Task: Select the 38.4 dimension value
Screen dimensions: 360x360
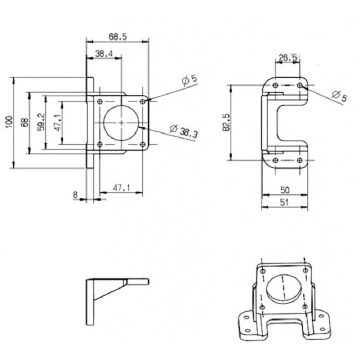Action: pyautogui.click(x=104, y=54)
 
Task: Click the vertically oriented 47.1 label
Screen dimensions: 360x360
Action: pyautogui.click(x=57, y=122)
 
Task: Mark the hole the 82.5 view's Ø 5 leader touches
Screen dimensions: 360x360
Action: pyautogui.click(x=300, y=85)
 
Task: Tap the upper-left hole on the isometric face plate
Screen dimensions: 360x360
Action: pyautogui.click(x=262, y=271)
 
